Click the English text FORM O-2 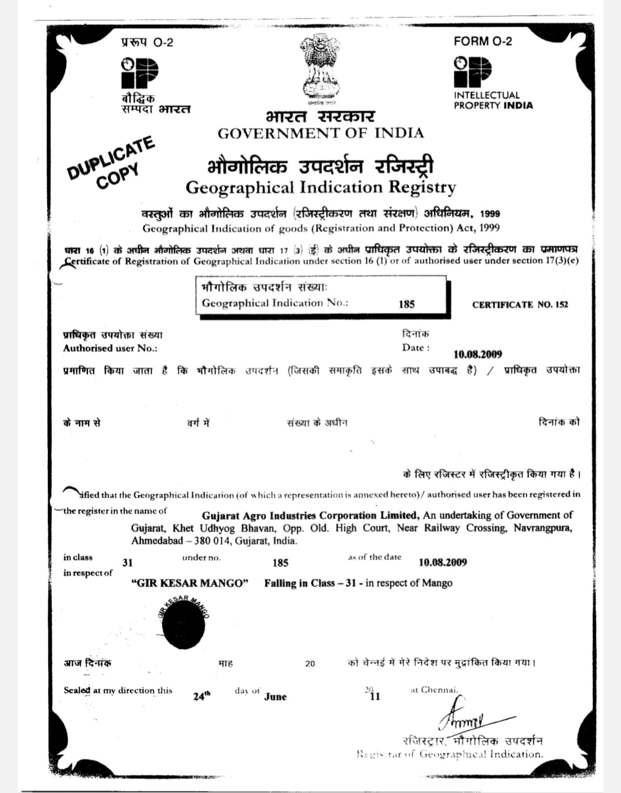tap(482, 41)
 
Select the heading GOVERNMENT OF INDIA tap(320, 133)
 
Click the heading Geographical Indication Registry tap(320, 187)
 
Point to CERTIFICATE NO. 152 tap(520, 305)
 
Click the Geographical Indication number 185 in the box tap(407, 304)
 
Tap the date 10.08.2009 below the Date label tap(478, 355)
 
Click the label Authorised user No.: tap(110, 348)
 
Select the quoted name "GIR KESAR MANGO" tap(190, 583)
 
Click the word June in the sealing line tap(275, 696)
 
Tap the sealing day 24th tap(201, 696)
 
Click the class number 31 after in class tap(128, 563)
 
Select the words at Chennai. tap(434, 690)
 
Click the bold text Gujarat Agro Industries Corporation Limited tap(310, 515)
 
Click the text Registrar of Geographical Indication tap(449, 754)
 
